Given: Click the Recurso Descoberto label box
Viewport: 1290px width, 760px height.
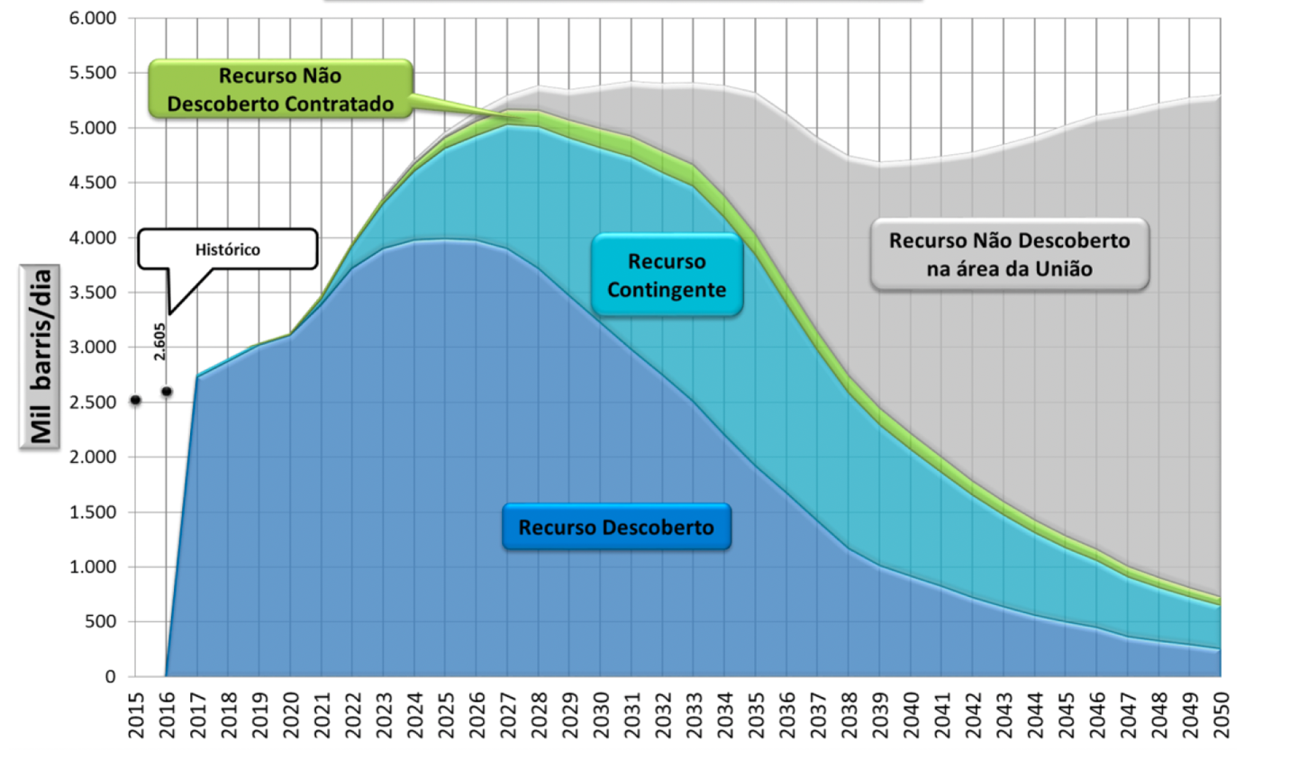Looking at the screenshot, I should pyautogui.click(x=616, y=528).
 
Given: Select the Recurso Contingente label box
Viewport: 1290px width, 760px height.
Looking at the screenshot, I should pyautogui.click(x=667, y=276).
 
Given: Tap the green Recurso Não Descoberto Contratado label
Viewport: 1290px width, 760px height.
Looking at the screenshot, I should pyautogui.click(x=280, y=90).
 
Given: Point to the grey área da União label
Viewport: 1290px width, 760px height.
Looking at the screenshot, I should pyautogui.click(x=1009, y=254).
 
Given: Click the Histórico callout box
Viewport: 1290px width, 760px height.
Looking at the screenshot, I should pyautogui.click(x=228, y=249).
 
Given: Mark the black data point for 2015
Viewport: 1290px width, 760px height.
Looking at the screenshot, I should pyautogui.click(x=136, y=400).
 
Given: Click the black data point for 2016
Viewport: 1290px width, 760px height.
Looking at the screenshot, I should pyautogui.click(x=167, y=392).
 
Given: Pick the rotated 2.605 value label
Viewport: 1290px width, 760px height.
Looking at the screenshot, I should pyautogui.click(x=159, y=342).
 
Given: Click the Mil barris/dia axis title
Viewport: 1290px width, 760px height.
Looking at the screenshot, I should pyautogui.click(x=41, y=357).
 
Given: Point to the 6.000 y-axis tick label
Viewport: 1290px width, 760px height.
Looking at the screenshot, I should pyautogui.click(x=93, y=18).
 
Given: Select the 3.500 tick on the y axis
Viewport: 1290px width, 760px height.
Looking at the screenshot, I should pyautogui.click(x=93, y=293).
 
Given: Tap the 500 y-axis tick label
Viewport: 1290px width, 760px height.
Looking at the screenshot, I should pyautogui.click(x=100, y=621).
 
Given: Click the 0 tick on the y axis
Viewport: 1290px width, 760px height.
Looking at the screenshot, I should pyautogui.click(x=111, y=676).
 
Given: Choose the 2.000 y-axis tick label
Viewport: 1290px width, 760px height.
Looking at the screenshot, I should pyautogui.click(x=93, y=457).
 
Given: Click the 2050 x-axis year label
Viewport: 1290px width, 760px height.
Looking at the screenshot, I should pyautogui.click(x=1222, y=715).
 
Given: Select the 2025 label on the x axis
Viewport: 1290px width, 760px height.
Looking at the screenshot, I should pyautogui.click(x=445, y=715).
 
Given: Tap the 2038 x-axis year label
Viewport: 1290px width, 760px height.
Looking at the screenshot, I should pyautogui.click(x=849, y=715).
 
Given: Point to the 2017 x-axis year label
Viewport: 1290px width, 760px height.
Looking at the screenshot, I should pyautogui.click(x=197, y=715).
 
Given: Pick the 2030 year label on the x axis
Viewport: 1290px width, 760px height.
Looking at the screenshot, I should pyautogui.click(x=600, y=715).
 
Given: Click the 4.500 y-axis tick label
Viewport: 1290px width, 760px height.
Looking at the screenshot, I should pyautogui.click(x=93, y=183).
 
